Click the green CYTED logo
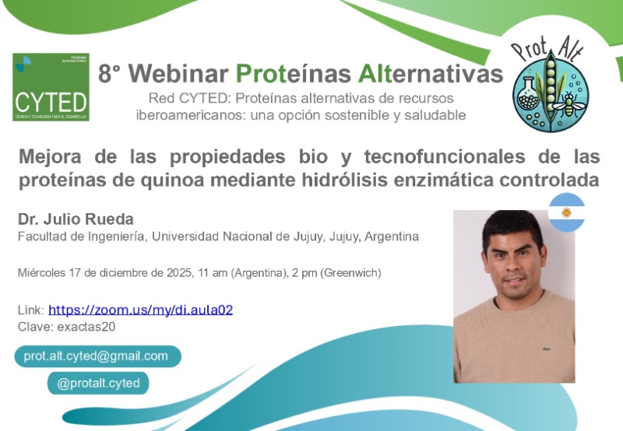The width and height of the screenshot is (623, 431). pyautogui.click(x=51, y=87)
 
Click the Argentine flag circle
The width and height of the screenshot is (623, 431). pyautogui.click(x=566, y=212)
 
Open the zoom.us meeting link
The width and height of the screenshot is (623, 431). pyautogui.click(x=140, y=310)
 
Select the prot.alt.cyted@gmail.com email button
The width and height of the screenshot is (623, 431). pyautogui.click(x=97, y=356)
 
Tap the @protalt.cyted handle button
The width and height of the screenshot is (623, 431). pyautogui.click(x=98, y=384)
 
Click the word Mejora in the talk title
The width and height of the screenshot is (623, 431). pyautogui.click(x=48, y=156)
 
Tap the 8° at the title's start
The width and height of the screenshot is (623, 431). pyautogui.click(x=110, y=74)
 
